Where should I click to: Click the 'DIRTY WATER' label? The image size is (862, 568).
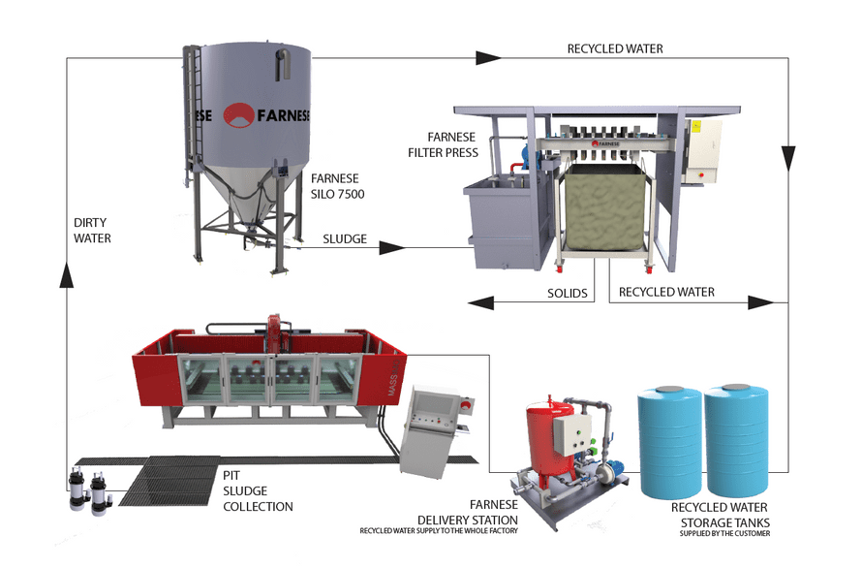[93, 230]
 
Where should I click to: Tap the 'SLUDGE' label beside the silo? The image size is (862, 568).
[345, 238]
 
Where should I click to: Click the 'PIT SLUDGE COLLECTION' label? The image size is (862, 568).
[257, 492]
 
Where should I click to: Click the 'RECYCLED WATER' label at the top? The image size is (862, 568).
[615, 48]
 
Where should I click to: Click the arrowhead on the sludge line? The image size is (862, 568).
[390, 248]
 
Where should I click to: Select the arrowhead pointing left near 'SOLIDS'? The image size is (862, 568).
[481, 303]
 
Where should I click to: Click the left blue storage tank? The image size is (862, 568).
[667, 442]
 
